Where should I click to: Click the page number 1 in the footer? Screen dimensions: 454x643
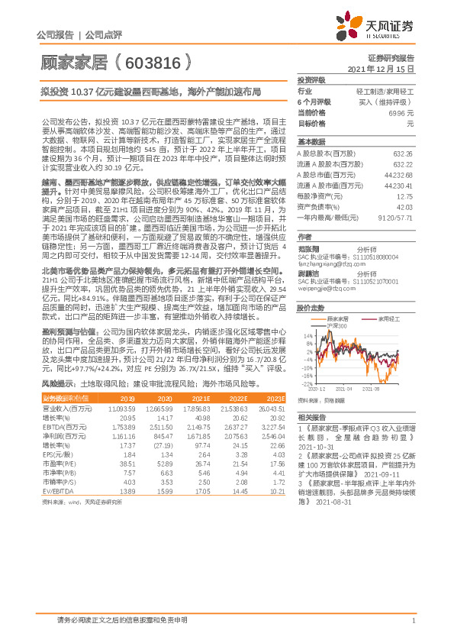412,621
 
